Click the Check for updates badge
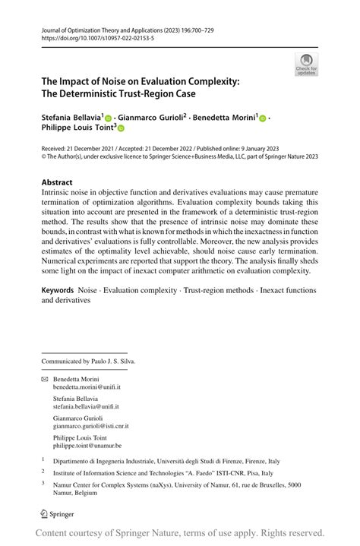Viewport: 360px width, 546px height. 306,65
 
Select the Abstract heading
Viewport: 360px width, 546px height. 57,182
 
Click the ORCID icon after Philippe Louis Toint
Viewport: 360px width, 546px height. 120,130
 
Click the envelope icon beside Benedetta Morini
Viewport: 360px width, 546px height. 44,377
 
